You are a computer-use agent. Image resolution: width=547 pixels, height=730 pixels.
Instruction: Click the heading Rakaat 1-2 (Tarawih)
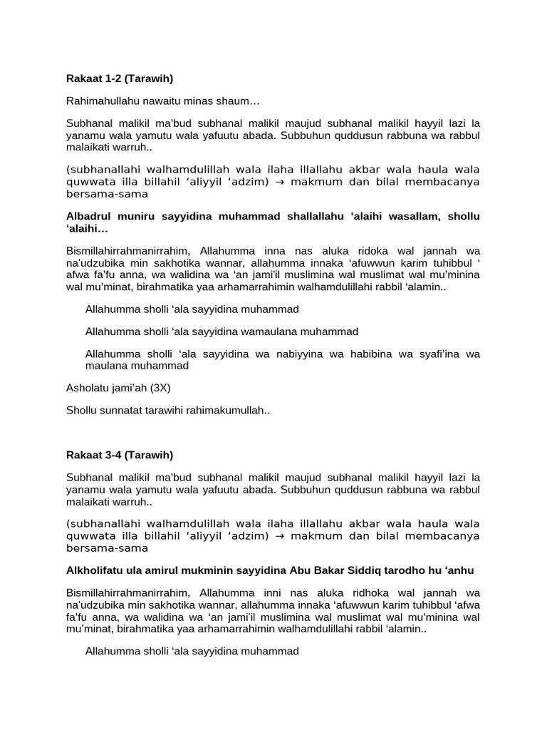coord(120,78)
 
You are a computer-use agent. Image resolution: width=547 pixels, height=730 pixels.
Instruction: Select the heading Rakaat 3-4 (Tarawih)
coord(120,455)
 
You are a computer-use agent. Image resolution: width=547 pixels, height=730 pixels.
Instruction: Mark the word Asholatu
coord(87,389)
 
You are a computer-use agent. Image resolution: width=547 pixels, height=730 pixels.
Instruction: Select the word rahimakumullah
coord(229,411)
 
